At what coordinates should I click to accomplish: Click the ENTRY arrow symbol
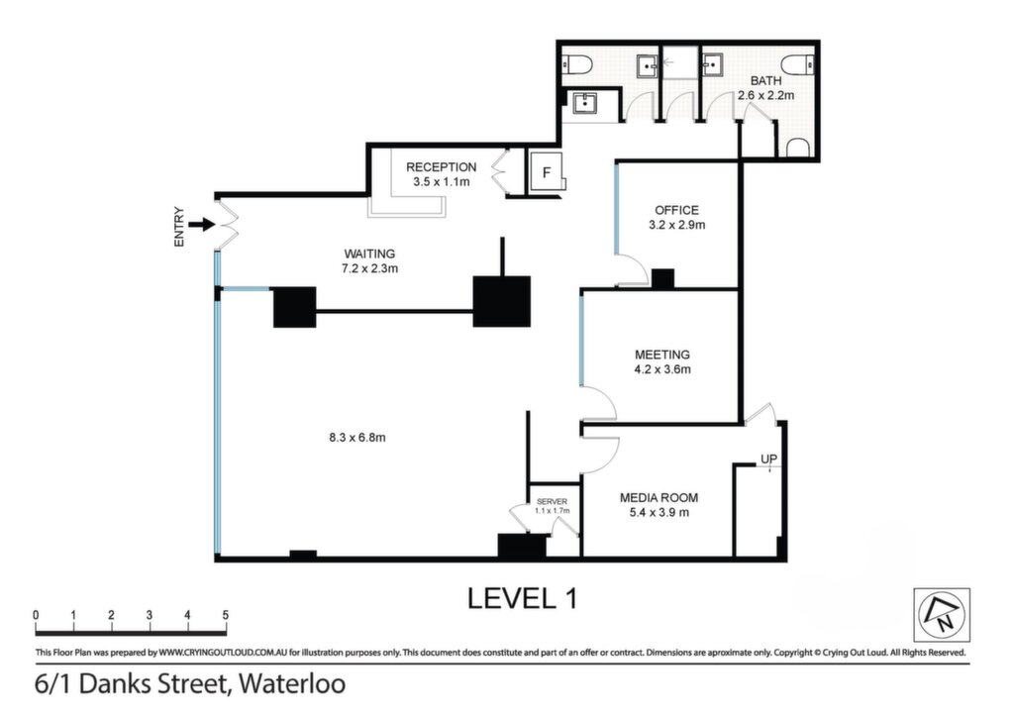[x=202, y=225]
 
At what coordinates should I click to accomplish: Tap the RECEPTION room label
[x=441, y=166]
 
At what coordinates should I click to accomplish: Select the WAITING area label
[x=369, y=254]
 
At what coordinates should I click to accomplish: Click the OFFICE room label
[x=676, y=210]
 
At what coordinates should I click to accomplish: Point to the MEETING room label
[x=662, y=355]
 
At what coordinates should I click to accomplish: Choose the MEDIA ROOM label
[x=659, y=498]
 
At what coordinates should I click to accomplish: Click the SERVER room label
[x=553, y=502]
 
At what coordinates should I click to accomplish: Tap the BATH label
[x=765, y=81]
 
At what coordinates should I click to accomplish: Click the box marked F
[x=547, y=172]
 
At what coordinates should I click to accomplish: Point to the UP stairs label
[x=768, y=460]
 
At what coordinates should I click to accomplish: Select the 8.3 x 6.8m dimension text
[x=356, y=438]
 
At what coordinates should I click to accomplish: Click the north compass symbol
[x=942, y=615]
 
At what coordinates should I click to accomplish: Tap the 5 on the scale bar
[x=225, y=615]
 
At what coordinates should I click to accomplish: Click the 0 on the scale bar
[x=37, y=615]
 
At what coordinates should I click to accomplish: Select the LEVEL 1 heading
[x=522, y=598]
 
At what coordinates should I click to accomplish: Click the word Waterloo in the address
[x=292, y=684]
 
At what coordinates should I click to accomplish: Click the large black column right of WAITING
[x=502, y=301]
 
